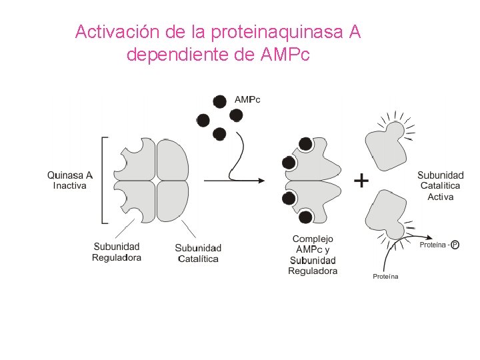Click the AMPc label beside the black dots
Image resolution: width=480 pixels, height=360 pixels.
pos(247,99)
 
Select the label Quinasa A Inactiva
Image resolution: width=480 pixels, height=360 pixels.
pos(70,180)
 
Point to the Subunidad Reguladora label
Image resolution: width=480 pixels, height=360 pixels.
pos(117,252)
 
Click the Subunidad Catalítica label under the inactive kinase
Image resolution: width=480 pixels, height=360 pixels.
pos(198,253)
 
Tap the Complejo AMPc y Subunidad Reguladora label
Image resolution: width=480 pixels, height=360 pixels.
pos(313,255)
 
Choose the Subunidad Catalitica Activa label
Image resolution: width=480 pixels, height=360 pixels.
pos(441,186)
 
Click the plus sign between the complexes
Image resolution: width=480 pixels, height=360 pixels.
pos(361,180)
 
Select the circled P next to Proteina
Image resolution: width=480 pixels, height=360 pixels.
pos(455,245)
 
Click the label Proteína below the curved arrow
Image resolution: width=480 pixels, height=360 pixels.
pos(385,276)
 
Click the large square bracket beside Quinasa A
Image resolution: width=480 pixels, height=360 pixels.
pos(103,180)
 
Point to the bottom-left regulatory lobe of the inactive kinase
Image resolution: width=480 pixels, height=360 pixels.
pos(136,201)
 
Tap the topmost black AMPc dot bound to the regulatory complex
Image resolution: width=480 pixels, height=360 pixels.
pos(305,143)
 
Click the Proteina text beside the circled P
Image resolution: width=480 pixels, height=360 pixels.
pos(433,245)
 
